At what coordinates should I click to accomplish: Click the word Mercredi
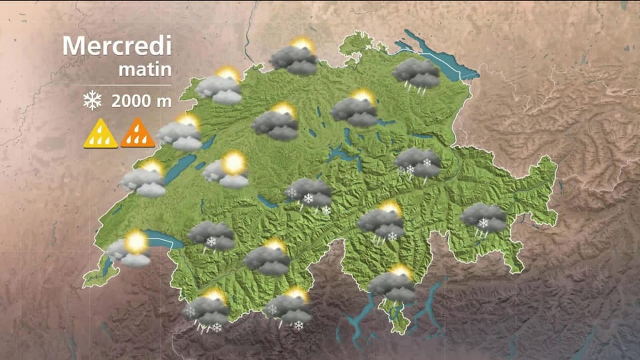(x=117, y=46)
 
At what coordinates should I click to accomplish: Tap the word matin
(x=145, y=69)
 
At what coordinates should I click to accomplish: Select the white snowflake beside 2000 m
(x=92, y=101)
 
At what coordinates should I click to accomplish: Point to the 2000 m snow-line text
(x=141, y=102)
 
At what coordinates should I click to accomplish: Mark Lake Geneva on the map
(x=160, y=238)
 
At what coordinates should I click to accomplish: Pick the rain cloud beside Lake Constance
(x=417, y=74)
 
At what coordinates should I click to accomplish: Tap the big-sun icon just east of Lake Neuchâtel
(x=227, y=170)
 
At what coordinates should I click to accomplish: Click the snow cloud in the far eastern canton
(x=484, y=219)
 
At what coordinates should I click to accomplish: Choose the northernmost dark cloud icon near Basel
(x=294, y=57)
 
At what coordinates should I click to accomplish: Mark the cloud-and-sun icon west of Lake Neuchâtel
(x=144, y=179)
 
